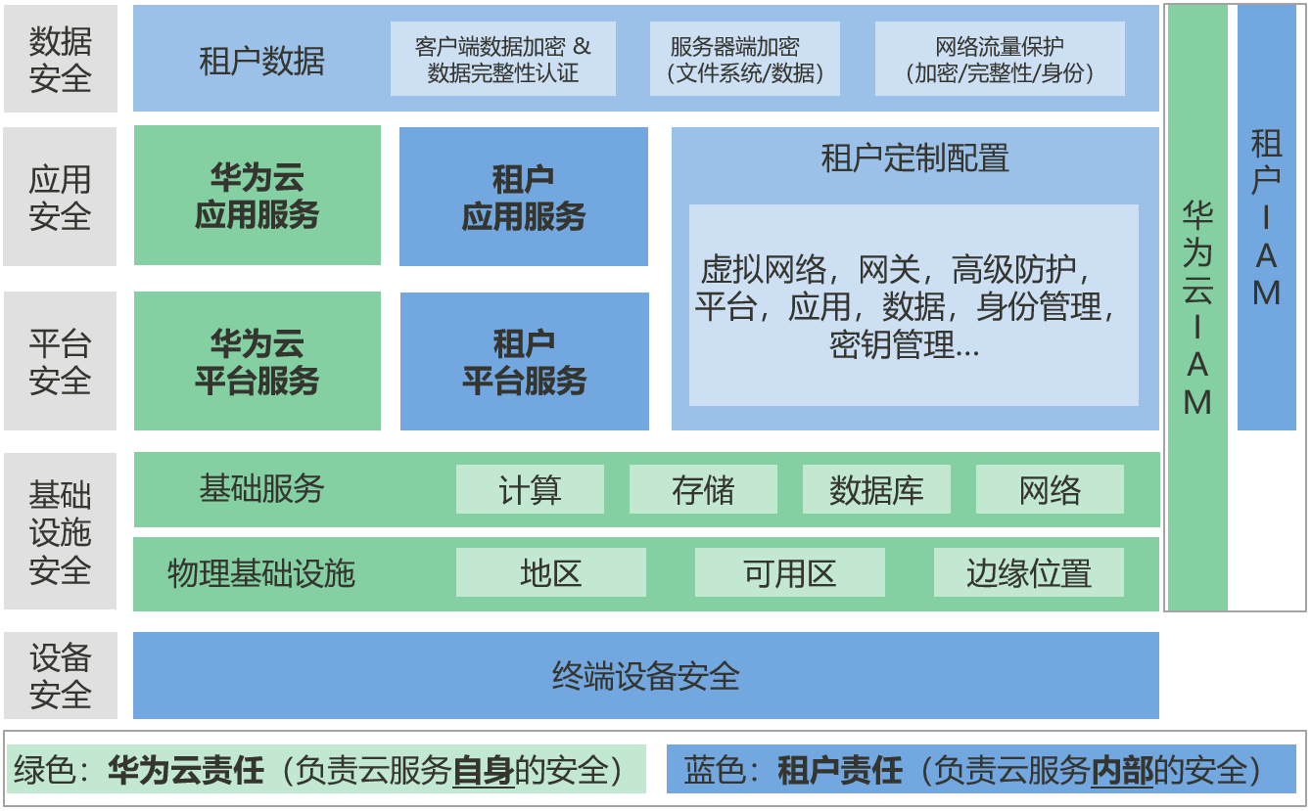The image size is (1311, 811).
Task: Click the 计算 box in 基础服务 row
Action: pyautogui.click(x=530, y=489)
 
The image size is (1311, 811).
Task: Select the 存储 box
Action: pyautogui.click(x=703, y=489)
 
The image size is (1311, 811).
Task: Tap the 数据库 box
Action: pyautogui.click(x=876, y=489)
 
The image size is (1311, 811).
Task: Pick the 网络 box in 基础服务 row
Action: pyautogui.click(x=1050, y=489)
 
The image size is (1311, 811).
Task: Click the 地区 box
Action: pyautogui.click(x=551, y=572)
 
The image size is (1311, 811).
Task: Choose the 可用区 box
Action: pyautogui.click(x=789, y=572)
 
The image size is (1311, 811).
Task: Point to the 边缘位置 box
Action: pyautogui.click(x=1028, y=572)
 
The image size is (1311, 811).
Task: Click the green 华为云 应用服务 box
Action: pyautogui.click(x=257, y=196)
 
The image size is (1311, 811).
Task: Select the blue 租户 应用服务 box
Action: pyautogui.click(x=524, y=197)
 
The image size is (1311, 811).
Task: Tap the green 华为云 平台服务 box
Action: pyautogui.click(x=257, y=361)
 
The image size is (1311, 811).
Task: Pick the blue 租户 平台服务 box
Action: pyautogui.click(x=524, y=361)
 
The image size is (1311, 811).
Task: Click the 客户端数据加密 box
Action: pyautogui.click(x=503, y=59)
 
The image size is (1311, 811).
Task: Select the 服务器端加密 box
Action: pyautogui.click(x=745, y=59)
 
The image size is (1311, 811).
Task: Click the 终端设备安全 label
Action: pyautogui.click(x=646, y=675)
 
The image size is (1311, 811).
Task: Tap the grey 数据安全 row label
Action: pyautogui.click(x=60, y=59)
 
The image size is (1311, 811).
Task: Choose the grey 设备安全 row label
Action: pyautogui.click(x=60, y=675)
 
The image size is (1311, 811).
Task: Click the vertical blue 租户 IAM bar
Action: pyautogui.click(x=1267, y=217)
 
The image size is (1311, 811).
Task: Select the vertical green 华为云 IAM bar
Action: pyautogui.click(x=1197, y=307)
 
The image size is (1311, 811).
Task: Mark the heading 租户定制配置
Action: pyautogui.click(x=914, y=158)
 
